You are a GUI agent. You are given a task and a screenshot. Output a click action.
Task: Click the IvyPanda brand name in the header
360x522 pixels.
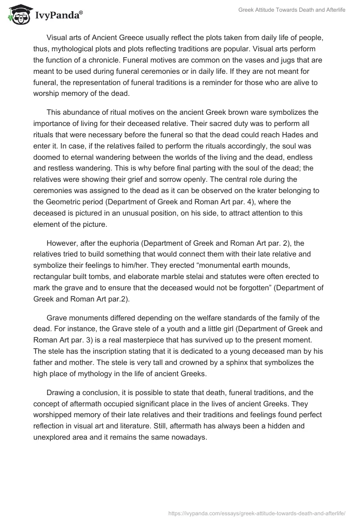(x=58, y=16)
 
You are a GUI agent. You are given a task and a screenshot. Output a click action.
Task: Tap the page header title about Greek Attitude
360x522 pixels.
(x=292, y=10)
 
